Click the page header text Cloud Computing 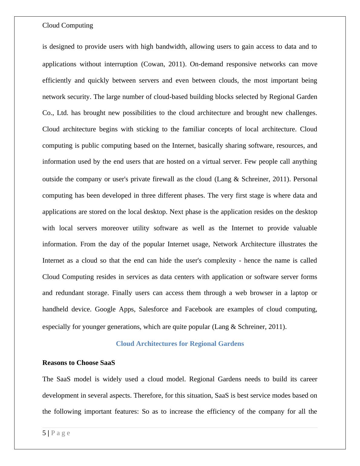tap(67, 25)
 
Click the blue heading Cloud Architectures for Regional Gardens tap(180, 344)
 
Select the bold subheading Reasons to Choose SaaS tap(79, 363)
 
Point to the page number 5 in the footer tap(44, 433)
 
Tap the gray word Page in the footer tap(61, 433)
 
